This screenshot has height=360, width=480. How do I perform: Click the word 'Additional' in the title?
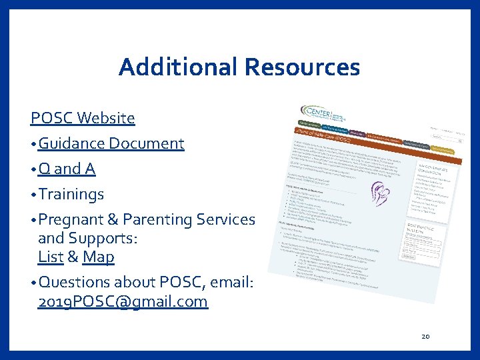177,67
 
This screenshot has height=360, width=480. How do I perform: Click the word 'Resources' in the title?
302,67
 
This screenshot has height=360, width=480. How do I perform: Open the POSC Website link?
83,119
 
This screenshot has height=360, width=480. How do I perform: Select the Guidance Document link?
111,143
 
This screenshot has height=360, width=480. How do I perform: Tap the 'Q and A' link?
67,169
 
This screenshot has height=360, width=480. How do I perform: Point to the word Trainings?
71,195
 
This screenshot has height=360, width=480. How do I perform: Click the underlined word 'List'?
51,257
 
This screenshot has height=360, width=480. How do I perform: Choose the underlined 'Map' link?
98,257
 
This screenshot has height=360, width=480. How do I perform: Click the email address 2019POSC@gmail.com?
123,302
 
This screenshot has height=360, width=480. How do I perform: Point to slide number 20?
425,337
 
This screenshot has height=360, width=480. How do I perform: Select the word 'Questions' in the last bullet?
74,282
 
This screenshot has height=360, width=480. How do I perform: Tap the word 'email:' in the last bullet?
231,282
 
